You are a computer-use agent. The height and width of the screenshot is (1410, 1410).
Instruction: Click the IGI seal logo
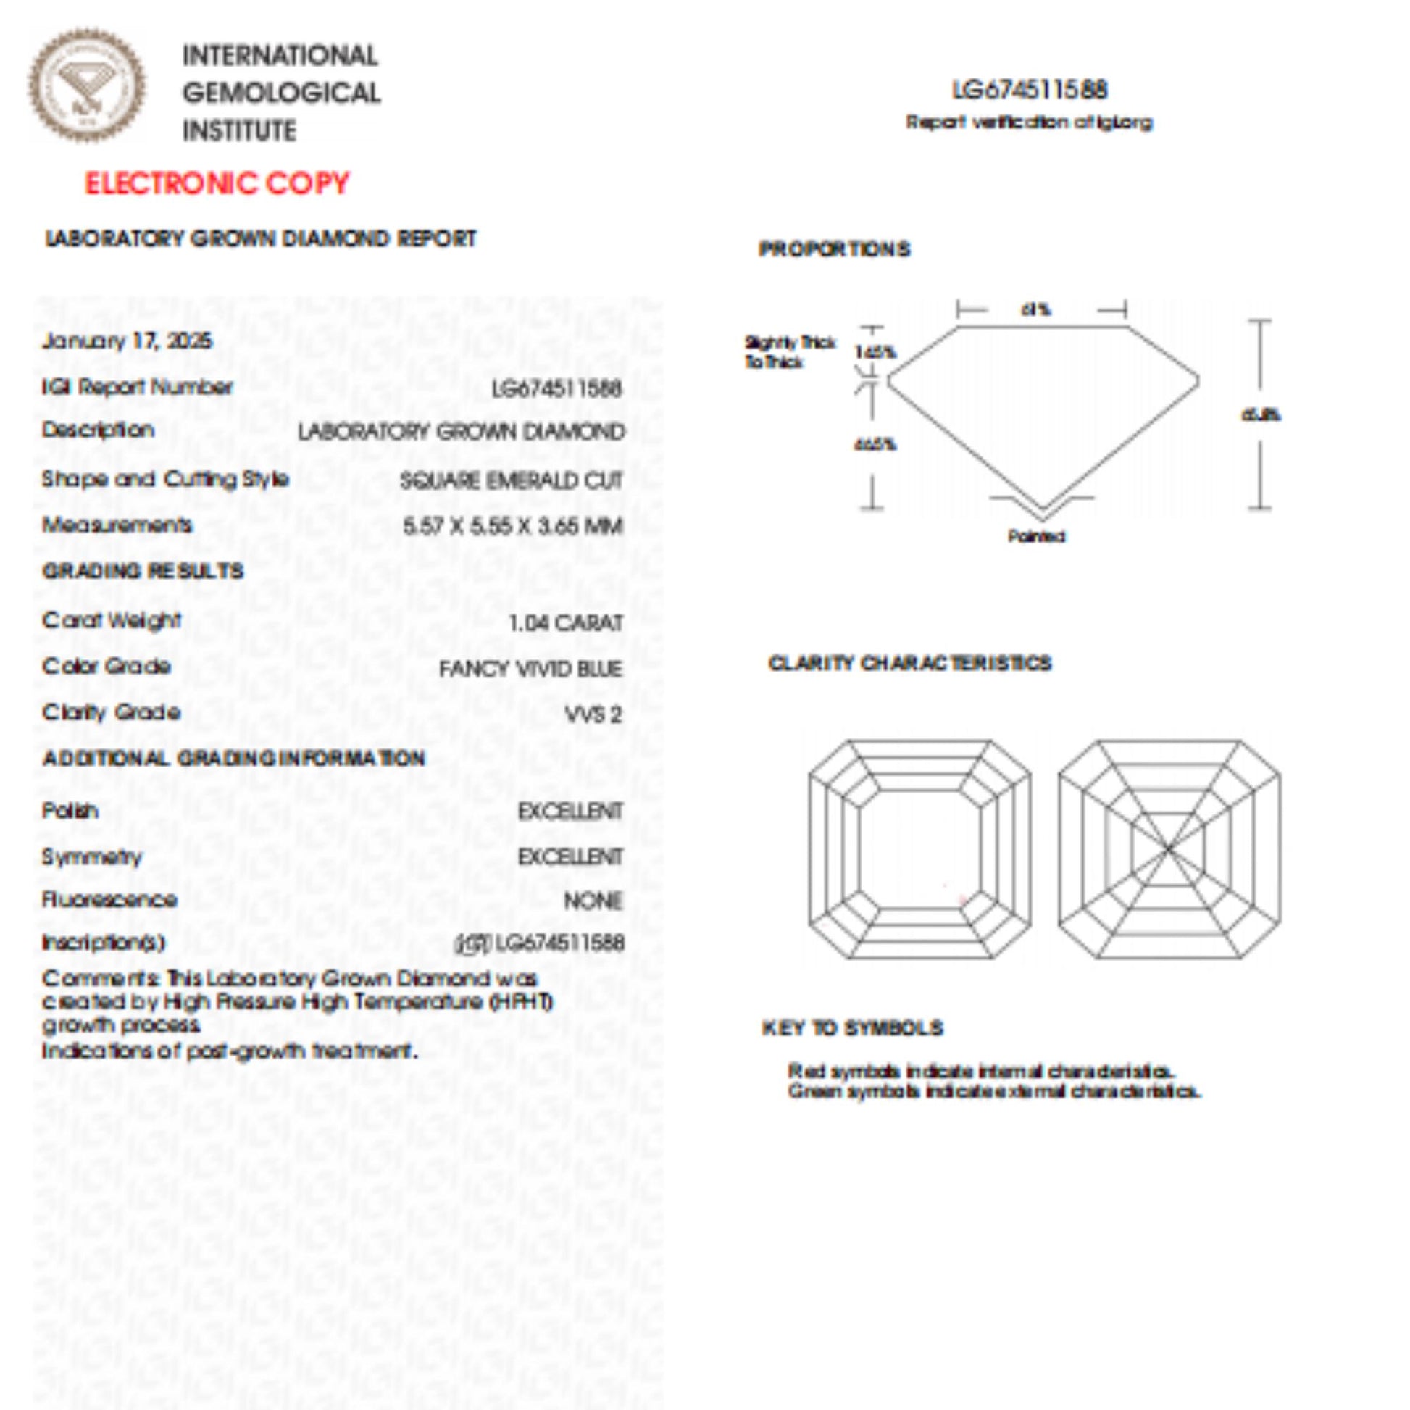pos(86,86)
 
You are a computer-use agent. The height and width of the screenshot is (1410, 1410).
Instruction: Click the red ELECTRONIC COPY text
pos(217,183)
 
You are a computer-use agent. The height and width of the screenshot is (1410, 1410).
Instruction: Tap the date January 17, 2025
pos(127,341)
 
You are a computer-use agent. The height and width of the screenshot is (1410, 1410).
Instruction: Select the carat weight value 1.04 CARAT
pos(566,622)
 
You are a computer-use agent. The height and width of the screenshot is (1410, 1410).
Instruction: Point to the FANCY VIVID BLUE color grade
pos(530,669)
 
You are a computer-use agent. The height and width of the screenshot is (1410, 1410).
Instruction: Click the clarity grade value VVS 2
pos(593,714)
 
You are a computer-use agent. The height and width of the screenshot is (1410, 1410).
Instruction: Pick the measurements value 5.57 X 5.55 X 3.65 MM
pos(513,525)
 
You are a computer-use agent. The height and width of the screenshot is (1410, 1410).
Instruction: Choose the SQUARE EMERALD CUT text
pos(511,480)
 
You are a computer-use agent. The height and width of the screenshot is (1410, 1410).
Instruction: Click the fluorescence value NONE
pos(593,901)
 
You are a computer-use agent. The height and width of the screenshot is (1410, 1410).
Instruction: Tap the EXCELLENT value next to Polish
pos(570,811)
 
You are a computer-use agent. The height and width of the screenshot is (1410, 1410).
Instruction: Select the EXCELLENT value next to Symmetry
pos(570,856)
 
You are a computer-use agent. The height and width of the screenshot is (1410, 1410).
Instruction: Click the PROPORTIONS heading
pos(834,249)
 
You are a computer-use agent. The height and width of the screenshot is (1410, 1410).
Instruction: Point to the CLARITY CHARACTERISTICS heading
pos(909,663)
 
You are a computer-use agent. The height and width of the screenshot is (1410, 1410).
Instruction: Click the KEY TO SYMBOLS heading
pos(852,1028)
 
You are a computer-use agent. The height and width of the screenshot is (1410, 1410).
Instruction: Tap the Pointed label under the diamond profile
pos(1036,536)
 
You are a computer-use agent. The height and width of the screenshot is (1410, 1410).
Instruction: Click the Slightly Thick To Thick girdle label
pos(790,351)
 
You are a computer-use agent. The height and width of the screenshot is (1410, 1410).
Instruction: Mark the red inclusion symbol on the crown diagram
pos(964,900)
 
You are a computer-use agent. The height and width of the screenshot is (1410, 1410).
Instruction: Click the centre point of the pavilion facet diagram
pos(1169,848)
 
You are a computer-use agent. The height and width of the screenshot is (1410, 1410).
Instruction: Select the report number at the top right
pos(1030,90)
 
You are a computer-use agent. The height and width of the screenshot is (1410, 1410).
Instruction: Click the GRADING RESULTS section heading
pos(143,571)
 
